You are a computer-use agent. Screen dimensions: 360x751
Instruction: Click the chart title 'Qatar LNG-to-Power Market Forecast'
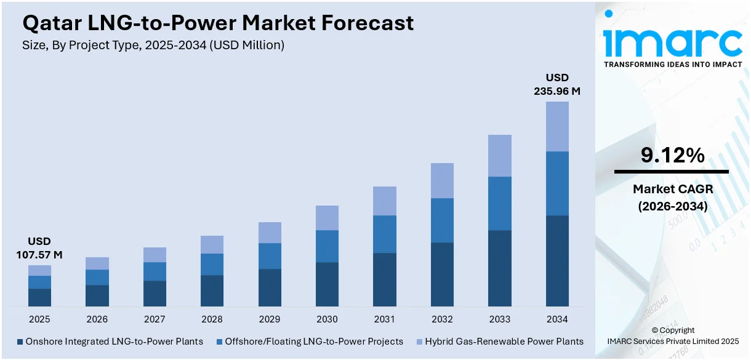pyautogui.click(x=218, y=23)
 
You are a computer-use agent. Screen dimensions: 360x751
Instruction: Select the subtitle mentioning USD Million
pyautogui.click(x=153, y=45)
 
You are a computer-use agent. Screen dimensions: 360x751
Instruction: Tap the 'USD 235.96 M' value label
pyautogui.click(x=557, y=84)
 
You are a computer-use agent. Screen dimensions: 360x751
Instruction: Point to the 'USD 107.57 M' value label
pyautogui.click(x=39, y=248)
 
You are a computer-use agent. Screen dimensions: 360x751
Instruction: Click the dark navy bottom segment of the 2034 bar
pyautogui.click(x=557, y=260)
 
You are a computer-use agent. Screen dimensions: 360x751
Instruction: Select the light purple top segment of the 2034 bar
pyautogui.click(x=557, y=126)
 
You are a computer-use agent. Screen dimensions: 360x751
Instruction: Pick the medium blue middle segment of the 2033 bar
pyautogui.click(x=499, y=203)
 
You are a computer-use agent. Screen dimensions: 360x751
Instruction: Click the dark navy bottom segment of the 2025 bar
pyautogui.click(x=39, y=297)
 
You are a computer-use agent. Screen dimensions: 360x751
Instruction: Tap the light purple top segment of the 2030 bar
pyautogui.click(x=327, y=218)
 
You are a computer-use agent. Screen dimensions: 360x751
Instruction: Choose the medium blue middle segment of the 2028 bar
pyautogui.click(x=212, y=264)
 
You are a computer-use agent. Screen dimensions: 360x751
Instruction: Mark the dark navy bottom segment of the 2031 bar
pyautogui.click(x=384, y=279)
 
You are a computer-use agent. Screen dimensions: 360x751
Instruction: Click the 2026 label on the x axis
pyautogui.click(x=97, y=319)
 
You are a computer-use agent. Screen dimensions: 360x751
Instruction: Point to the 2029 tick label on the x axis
pyautogui.click(x=270, y=319)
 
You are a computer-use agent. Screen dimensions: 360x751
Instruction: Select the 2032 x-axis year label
pyautogui.click(x=442, y=319)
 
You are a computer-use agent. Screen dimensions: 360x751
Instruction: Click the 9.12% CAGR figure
pyautogui.click(x=672, y=156)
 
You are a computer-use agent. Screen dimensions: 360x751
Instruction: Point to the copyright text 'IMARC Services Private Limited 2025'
pyautogui.click(x=672, y=341)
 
